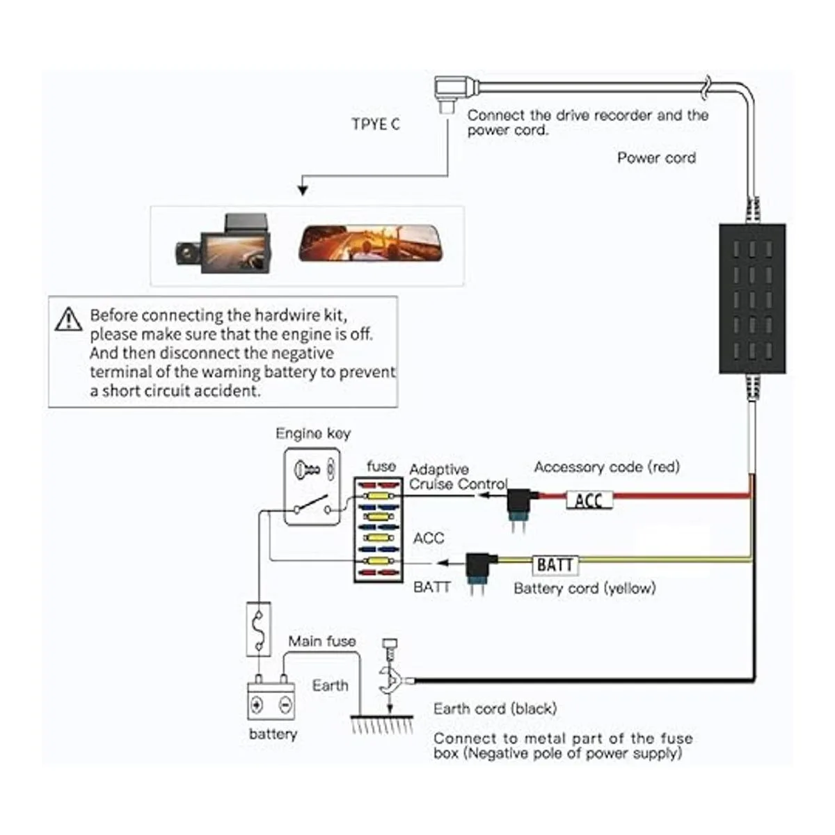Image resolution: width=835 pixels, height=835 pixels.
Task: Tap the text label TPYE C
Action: point(376,125)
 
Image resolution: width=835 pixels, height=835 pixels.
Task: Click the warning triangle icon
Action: point(68,319)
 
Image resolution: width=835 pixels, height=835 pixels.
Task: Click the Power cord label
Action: point(656,158)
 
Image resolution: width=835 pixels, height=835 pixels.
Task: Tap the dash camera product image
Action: point(223,244)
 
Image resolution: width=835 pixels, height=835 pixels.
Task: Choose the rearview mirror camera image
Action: point(371,244)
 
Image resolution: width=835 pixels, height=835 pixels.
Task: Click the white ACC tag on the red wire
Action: point(589,500)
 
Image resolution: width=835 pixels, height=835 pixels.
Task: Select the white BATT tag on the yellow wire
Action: point(555,564)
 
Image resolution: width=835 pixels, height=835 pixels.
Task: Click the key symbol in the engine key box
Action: point(307,470)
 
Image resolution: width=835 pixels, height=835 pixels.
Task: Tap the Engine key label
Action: point(313,434)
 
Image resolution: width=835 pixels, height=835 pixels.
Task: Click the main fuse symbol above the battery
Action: point(258,630)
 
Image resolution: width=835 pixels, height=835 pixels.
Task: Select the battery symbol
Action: point(271,701)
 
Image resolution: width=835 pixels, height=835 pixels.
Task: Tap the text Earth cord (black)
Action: point(495,709)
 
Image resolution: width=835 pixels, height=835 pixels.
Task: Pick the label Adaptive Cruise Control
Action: point(457,477)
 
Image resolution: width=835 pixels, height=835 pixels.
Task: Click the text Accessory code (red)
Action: point(607,467)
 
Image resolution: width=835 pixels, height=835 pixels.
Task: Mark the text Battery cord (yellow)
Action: point(584,588)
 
